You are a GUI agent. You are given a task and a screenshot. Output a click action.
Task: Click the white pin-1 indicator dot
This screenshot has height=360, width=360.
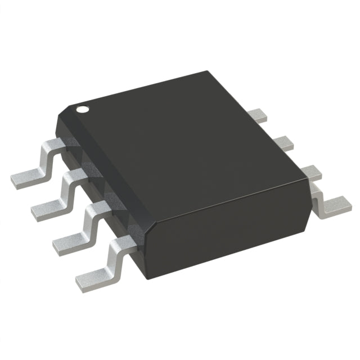[83, 109]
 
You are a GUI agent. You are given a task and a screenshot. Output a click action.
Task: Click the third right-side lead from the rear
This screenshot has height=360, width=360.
[304, 172]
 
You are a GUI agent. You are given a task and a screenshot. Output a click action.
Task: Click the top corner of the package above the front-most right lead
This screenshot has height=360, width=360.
[309, 179]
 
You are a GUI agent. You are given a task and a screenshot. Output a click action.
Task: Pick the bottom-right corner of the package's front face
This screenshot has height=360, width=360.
[308, 228]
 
